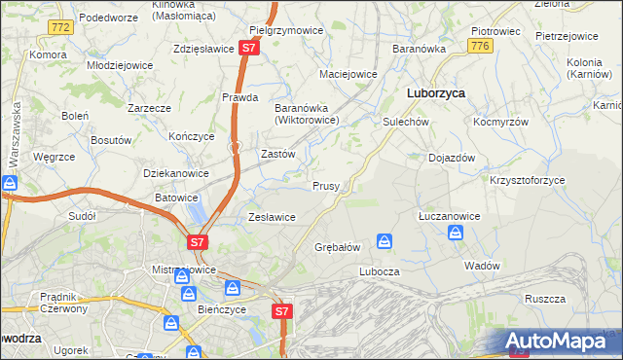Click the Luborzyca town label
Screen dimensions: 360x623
pyautogui.click(x=434, y=92)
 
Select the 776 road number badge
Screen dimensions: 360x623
pyautogui.click(x=477, y=46)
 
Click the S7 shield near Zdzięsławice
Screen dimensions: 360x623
pyautogui.click(x=249, y=47)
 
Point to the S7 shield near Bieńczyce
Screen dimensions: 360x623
pyautogui.click(x=281, y=310)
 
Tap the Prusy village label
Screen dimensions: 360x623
pyautogui.click(x=325, y=186)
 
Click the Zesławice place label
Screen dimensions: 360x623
pyautogui.click(x=272, y=217)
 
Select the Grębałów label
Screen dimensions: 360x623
pyautogui.click(x=338, y=247)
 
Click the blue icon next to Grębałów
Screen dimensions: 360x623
pyautogui.click(x=385, y=239)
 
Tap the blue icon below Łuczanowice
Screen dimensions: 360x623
pyautogui.click(x=455, y=232)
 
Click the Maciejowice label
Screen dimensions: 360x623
pyautogui.click(x=348, y=74)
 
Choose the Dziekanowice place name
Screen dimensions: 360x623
pyautogui.click(x=176, y=173)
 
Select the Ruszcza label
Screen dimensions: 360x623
pyautogui.click(x=544, y=299)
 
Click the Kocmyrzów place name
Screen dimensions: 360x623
pyautogui.click(x=500, y=123)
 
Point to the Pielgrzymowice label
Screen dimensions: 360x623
pyautogui.click(x=286, y=31)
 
